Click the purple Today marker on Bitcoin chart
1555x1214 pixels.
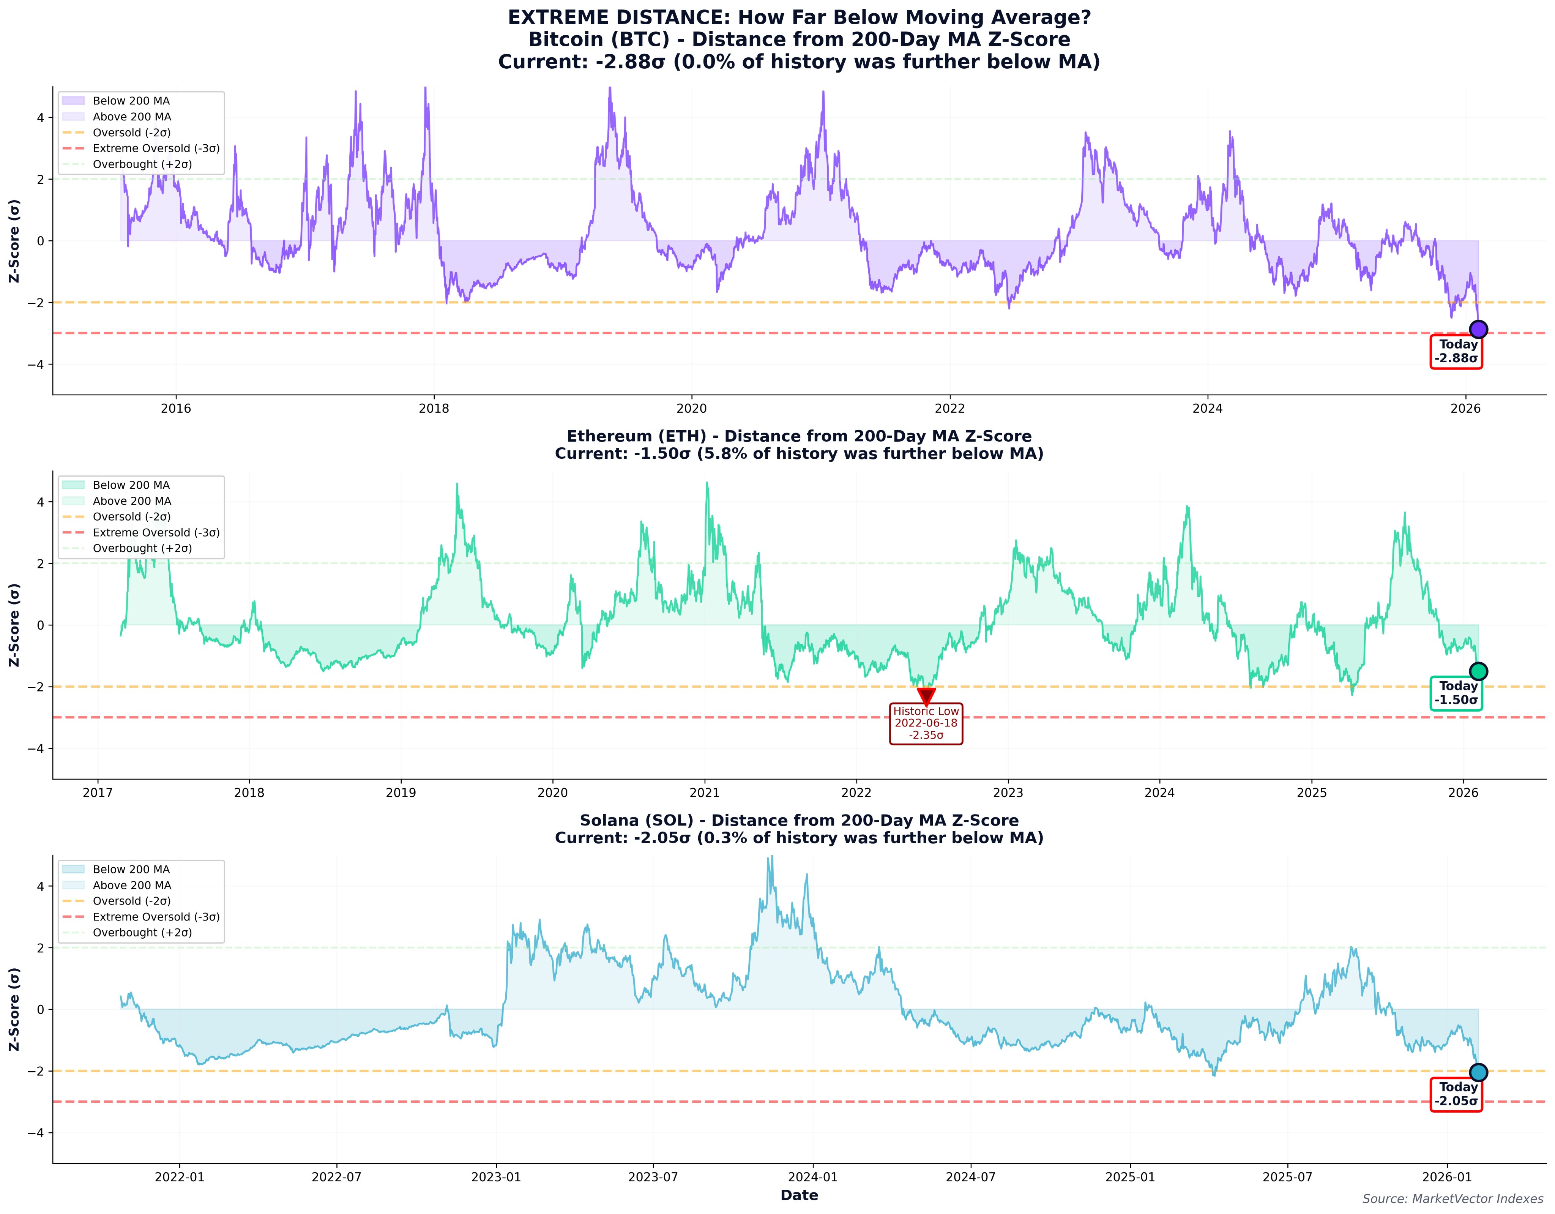1478,329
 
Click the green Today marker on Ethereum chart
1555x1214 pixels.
1478,671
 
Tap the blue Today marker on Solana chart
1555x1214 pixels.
1478,1072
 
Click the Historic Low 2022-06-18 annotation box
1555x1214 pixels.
926,723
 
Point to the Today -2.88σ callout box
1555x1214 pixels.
1456,351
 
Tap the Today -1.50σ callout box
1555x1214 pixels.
1456,693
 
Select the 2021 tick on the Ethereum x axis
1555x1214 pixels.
705,792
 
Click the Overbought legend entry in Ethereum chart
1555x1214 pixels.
142,548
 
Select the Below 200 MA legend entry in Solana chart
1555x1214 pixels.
131,869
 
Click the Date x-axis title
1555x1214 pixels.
799,1195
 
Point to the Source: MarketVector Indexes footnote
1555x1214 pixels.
1452,1199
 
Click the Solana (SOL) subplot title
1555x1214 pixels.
799,820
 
